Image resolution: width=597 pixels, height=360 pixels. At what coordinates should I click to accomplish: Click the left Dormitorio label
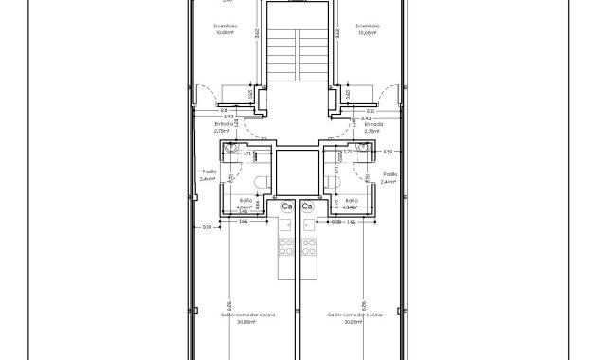(226, 26)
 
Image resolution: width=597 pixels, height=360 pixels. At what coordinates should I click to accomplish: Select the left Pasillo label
(208, 172)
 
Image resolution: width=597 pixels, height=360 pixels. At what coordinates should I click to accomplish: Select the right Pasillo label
(389, 174)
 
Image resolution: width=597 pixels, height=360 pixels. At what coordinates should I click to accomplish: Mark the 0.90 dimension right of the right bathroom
(387, 151)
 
